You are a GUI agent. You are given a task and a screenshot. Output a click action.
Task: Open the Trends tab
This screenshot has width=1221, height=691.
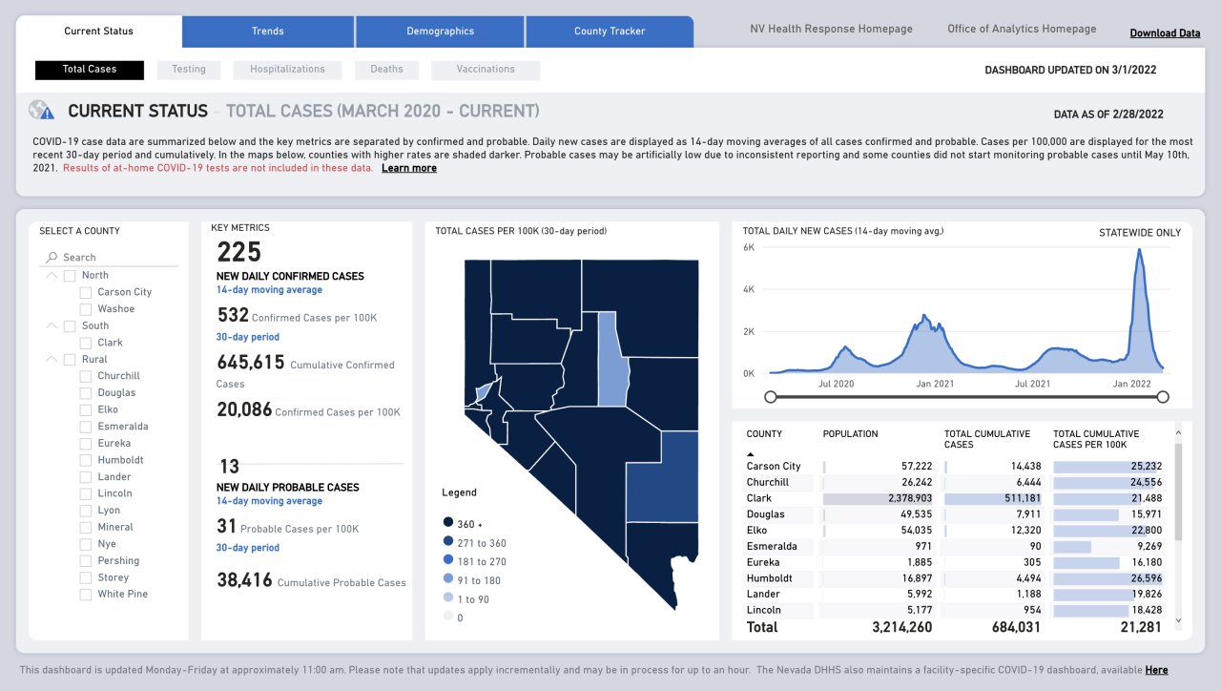pyautogui.click(x=268, y=31)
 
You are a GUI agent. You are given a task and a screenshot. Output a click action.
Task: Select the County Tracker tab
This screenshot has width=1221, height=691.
pyautogui.click(x=610, y=31)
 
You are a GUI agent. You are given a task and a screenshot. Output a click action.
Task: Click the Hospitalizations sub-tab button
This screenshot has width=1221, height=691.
pyautogui.click(x=287, y=70)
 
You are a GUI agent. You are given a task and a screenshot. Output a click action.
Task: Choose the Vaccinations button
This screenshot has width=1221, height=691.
pyautogui.click(x=486, y=70)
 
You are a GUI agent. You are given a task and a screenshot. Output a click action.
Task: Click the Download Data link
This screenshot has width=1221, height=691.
pyautogui.click(x=1165, y=33)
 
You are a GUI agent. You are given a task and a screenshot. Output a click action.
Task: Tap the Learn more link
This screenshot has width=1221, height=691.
pyautogui.click(x=409, y=168)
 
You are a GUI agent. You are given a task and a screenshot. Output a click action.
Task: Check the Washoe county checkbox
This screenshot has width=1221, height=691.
pyautogui.click(x=87, y=309)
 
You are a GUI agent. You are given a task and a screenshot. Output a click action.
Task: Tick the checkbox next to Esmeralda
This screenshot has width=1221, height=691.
pyautogui.click(x=87, y=427)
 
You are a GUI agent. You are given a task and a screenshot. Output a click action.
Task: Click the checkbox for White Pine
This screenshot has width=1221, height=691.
pyautogui.click(x=87, y=595)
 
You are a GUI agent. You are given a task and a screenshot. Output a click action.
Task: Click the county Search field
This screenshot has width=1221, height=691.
pyautogui.click(x=114, y=258)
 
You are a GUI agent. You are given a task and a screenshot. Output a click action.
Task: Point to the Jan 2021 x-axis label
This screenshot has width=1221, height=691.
pyautogui.click(x=935, y=384)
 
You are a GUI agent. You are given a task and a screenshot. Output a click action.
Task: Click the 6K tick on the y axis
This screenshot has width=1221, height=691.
pyautogui.click(x=749, y=247)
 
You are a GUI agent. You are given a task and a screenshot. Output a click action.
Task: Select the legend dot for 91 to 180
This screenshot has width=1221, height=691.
pyautogui.click(x=447, y=580)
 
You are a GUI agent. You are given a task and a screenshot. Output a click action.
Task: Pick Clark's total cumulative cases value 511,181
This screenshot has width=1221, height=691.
pyautogui.click(x=1014, y=498)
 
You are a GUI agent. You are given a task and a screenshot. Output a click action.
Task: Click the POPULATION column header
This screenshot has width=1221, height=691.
pyautogui.click(x=850, y=434)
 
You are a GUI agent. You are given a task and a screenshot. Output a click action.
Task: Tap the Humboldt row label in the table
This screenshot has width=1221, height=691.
pyautogui.click(x=771, y=578)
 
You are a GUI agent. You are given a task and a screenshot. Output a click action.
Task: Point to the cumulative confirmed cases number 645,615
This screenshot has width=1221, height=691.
pyautogui.click(x=251, y=363)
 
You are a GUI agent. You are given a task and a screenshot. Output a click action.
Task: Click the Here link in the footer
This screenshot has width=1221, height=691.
pyautogui.click(x=1156, y=670)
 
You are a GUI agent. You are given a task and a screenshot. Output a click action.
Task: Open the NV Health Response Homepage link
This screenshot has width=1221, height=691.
pyautogui.click(x=831, y=30)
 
